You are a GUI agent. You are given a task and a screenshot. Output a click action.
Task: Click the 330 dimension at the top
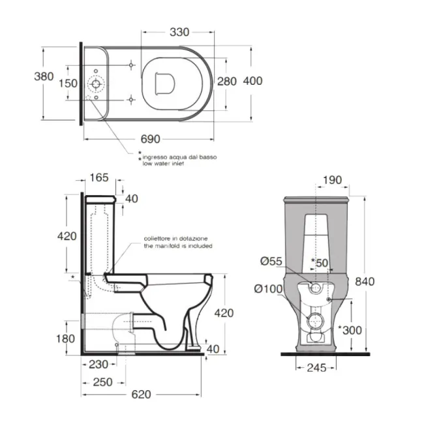click(x=179, y=32)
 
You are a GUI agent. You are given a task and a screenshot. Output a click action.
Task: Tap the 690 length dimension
click(x=150, y=139)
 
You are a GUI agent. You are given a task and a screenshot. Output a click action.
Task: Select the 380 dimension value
click(x=44, y=76)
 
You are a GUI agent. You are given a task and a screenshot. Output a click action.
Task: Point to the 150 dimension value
click(x=68, y=83)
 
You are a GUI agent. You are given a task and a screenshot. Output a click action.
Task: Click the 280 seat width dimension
click(x=227, y=81)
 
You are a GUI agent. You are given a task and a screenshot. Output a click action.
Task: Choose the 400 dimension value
click(x=253, y=81)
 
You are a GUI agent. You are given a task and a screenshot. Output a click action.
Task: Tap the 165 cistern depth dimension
click(x=99, y=177)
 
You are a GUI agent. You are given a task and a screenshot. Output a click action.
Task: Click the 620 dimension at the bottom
click(x=141, y=395)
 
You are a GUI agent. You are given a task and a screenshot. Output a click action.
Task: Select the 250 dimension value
click(x=103, y=382)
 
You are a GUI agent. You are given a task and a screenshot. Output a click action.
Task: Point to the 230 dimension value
click(x=98, y=365)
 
